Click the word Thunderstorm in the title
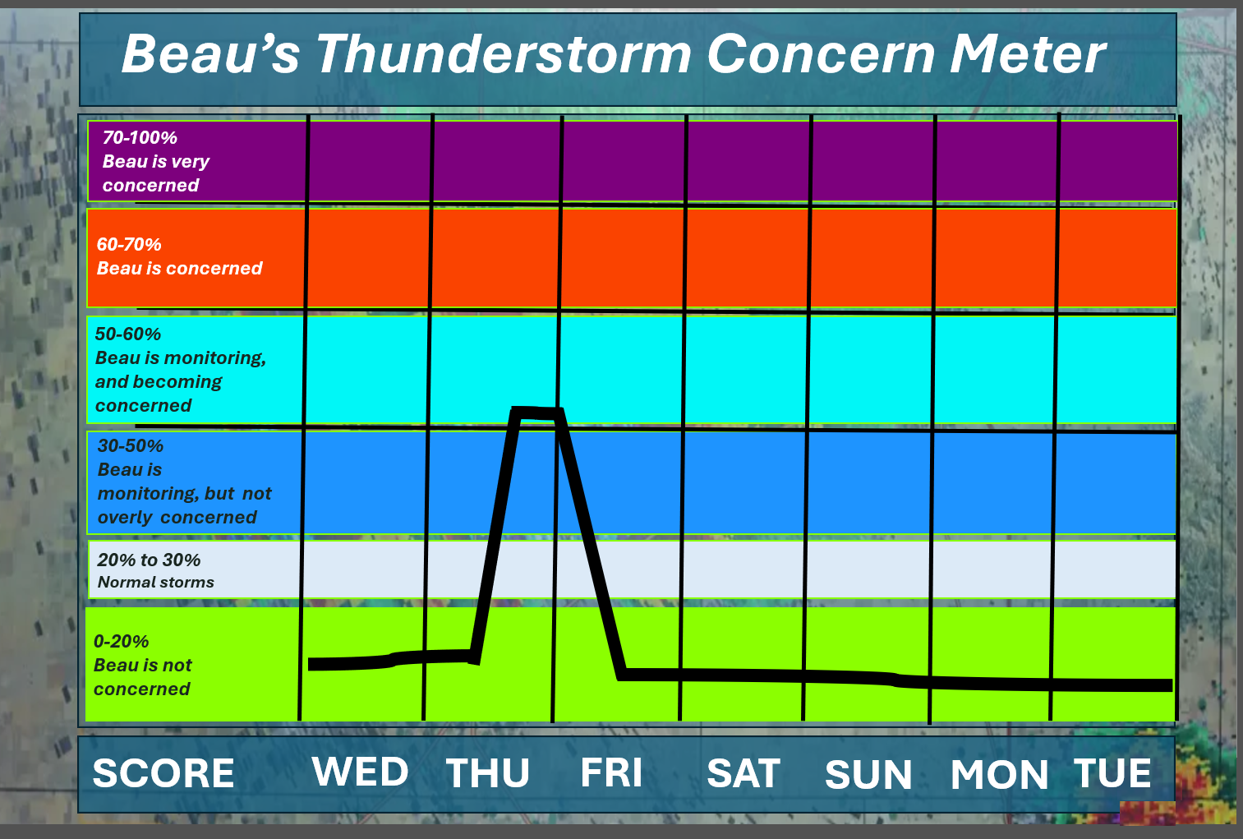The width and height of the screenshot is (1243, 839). tap(504, 54)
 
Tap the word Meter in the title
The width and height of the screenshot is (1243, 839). tap(1029, 54)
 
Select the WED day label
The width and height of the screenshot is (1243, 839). tap(360, 772)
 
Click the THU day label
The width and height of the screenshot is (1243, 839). tap(488, 772)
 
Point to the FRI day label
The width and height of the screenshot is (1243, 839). tap(611, 772)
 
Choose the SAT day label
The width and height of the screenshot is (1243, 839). tap(743, 772)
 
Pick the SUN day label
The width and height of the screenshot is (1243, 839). tap(868, 774)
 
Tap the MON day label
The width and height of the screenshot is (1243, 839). tap(999, 774)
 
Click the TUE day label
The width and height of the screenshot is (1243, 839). tap(1112, 772)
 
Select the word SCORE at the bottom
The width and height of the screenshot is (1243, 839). tap(163, 773)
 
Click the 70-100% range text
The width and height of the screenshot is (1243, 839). tap(140, 137)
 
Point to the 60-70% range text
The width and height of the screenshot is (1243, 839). tap(129, 244)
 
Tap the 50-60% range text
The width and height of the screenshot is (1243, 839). tap(127, 334)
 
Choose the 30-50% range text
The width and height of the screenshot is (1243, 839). tap(131, 445)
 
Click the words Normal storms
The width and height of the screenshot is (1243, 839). tap(156, 582)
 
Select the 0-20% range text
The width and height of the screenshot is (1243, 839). tap(121, 642)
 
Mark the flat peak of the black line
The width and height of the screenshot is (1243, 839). tap(536, 413)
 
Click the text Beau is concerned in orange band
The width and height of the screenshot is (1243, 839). tap(179, 269)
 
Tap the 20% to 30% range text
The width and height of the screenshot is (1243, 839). tap(149, 560)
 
